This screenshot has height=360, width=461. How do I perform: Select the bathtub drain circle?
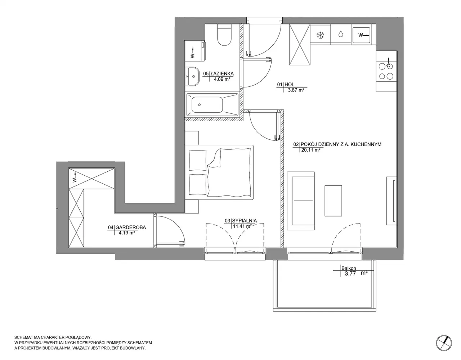click(x=199, y=105)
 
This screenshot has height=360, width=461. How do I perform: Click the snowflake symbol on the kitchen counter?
click(x=320, y=35)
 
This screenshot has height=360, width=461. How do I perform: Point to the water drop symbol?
click(x=341, y=34)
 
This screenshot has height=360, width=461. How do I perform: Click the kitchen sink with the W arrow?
click(x=362, y=35)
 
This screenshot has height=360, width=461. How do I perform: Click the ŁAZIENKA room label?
click(x=222, y=73)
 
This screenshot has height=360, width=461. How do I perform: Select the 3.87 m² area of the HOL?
click(x=296, y=90)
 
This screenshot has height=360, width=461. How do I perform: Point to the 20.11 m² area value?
click(x=310, y=150)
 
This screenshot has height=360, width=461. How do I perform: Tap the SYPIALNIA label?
click(x=245, y=221)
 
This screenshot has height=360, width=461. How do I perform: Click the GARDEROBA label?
click(x=131, y=228)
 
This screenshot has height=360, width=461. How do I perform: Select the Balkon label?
click(x=349, y=268)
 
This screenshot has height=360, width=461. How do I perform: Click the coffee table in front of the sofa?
click(x=333, y=201)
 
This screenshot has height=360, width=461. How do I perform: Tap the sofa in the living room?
click(x=301, y=201)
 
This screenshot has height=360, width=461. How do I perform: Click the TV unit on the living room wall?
click(x=391, y=201)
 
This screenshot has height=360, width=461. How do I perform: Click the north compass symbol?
click(x=444, y=343)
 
